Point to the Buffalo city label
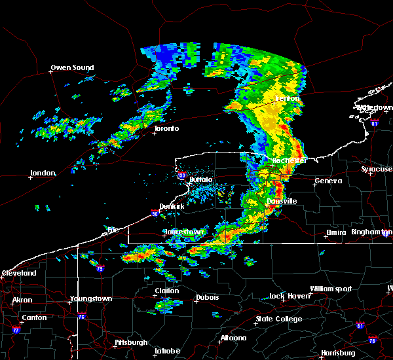(201, 179)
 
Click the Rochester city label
(290, 160)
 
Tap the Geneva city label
(327, 181)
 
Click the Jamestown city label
(183, 232)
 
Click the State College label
(278, 319)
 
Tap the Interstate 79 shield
(100, 269)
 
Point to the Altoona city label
(233, 338)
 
